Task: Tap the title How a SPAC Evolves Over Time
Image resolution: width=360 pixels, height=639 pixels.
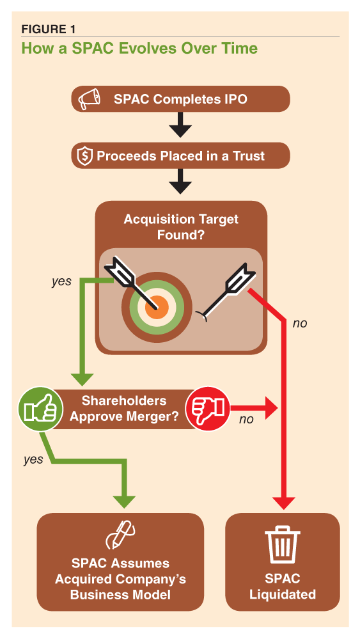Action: [139, 48]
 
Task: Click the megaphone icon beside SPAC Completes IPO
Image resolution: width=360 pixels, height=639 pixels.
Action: [88, 99]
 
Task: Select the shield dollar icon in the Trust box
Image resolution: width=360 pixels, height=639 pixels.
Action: [84, 155]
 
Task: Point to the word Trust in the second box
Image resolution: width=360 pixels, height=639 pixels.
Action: [249, 155]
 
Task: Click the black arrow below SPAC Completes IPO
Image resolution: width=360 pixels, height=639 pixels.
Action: [180, 125]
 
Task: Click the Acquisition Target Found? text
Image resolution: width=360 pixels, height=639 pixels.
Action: [181, 227]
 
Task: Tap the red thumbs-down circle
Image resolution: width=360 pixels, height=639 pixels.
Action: [205, 408]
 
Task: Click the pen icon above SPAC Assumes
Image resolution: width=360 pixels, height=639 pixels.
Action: [120, 536]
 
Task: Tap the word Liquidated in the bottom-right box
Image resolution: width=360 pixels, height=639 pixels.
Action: [282, 594]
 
